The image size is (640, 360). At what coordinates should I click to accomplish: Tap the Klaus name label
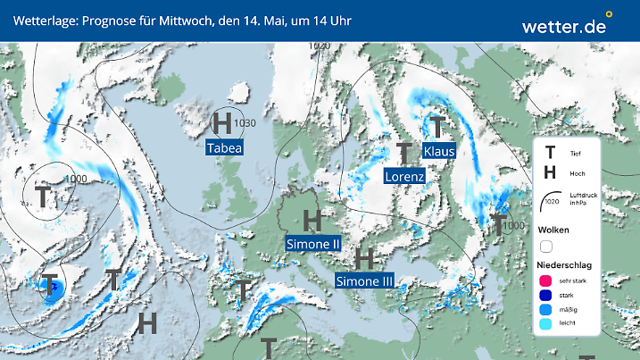[439, 151]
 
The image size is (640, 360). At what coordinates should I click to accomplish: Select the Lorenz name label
[404, 177]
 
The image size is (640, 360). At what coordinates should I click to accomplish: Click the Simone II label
[313, 243]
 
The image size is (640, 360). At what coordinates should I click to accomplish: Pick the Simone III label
[364, 281]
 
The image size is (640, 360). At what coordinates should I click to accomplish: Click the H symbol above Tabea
[223, 122]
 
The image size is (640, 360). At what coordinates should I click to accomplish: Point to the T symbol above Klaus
[437, 126]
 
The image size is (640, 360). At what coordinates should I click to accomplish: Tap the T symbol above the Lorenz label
[404, 153]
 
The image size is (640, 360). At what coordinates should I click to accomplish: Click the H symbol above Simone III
[363, 259]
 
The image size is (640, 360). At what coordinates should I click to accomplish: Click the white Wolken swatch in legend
[547, 246]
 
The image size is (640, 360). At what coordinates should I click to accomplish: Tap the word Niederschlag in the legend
[564, 265]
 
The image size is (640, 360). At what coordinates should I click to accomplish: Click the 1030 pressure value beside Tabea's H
[245, 123]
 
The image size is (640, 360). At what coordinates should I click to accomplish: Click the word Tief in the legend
[575, 154]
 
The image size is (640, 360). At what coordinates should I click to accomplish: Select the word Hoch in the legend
[577, 173]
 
